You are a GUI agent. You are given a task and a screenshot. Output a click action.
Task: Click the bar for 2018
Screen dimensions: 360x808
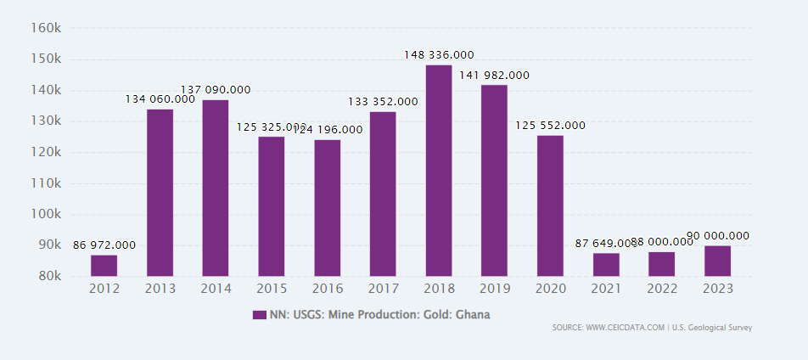point(439,171)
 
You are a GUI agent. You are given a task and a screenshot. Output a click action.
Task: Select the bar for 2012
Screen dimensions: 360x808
point(104,266)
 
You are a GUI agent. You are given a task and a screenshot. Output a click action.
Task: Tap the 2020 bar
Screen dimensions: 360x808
point(550,205)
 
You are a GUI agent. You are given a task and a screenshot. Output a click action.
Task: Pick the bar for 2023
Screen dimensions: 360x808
point(717,261)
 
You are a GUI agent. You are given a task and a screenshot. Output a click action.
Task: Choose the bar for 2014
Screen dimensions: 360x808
point(216,188)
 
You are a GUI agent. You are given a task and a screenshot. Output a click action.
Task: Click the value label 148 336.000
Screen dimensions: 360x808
point(439,55)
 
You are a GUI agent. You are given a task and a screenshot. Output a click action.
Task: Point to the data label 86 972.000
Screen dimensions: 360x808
point(104,245)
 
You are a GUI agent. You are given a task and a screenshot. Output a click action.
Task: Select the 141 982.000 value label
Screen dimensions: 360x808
point(494,76)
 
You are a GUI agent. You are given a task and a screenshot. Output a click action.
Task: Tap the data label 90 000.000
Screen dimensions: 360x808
point(717,236)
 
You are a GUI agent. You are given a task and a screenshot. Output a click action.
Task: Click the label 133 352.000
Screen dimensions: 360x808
point(383,102)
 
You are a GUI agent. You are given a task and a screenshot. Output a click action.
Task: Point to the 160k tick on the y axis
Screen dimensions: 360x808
point(45,28)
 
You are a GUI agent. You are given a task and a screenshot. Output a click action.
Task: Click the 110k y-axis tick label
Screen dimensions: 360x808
point(45,183)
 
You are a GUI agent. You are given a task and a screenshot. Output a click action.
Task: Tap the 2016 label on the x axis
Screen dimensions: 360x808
point(327,289)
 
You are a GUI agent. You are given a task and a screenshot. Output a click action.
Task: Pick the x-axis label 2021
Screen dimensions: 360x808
point(606,289)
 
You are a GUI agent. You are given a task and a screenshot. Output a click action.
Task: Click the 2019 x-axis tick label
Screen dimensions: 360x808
point(494,289)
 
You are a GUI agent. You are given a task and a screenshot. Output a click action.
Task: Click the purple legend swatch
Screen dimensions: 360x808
point(260,315)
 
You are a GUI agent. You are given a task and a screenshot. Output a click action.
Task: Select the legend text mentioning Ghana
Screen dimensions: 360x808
point(379,315)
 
